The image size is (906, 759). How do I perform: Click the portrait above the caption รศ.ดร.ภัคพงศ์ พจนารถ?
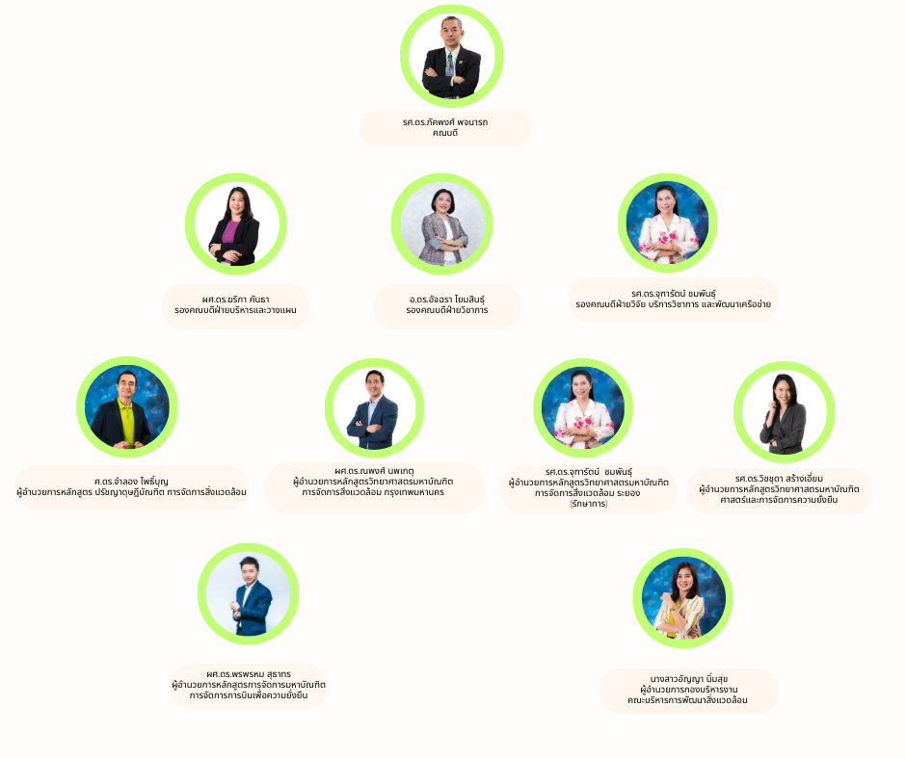[x=451, y=56]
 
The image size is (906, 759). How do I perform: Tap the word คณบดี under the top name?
[x=445, y=133]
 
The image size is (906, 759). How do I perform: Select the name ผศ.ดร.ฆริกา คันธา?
[x=235, y=300]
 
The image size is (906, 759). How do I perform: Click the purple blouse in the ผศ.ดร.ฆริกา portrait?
[x=230, y=237]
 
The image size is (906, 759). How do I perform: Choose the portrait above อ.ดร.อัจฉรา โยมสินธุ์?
[x=442, y=223]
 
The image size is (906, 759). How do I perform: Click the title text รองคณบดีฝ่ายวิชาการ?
[x=446, y=310]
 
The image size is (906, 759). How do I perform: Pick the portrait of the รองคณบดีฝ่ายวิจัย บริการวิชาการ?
[x=667, y=222]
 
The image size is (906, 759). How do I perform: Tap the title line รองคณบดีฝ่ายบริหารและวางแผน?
[x=235, y=310]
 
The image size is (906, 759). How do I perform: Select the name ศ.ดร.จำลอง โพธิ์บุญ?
[x=131, y=482]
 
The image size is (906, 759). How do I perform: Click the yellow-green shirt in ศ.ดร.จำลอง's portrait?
[x=127, y=423]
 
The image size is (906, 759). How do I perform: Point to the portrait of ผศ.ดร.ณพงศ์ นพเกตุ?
[x=374, y=407]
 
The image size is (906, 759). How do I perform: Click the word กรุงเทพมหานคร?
[x=414, y=492]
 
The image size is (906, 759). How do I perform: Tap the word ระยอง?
[x=628, y=493]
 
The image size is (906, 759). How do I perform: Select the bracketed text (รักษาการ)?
[x=588, y=504]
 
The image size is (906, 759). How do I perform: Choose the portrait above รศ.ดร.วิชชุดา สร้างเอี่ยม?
[x=785, y=412]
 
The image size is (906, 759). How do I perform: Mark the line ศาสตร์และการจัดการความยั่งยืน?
[x=779, y=500]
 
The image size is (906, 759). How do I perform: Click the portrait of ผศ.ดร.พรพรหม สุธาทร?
[x=248, y=593]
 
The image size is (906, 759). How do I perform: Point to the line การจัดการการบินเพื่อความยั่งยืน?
[x=249, y=695]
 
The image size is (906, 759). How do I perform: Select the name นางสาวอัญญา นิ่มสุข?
[x=689, y=679]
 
